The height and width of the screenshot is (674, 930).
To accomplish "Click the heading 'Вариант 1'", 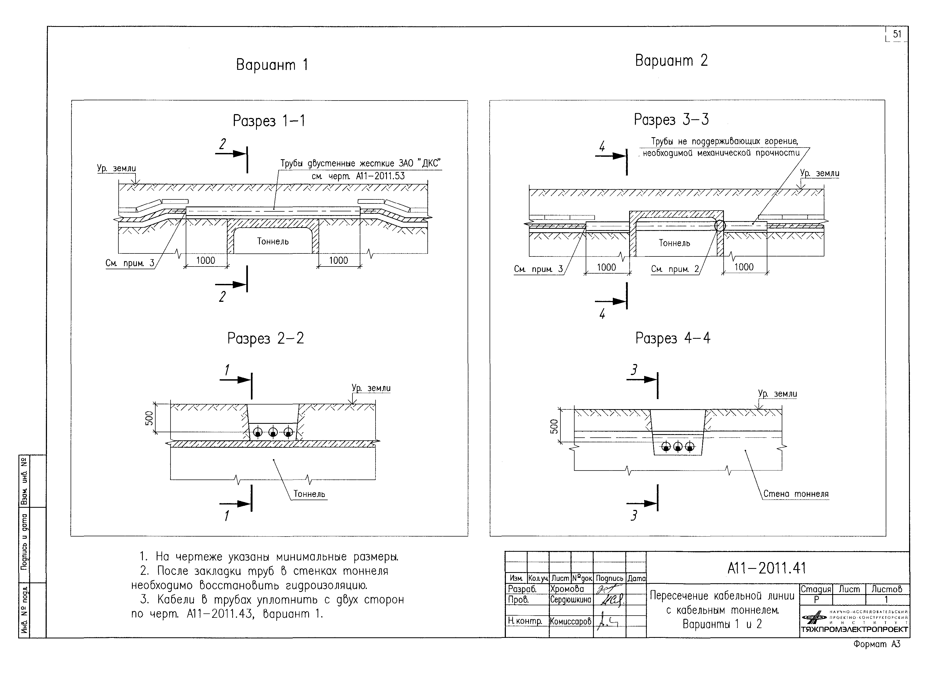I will pyautogui.click(x=272, y=65).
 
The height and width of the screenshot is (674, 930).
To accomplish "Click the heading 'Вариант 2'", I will pyautogui.click(x=671, y=61).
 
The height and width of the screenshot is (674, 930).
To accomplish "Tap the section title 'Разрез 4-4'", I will pyautogui.click(x=673, y=338).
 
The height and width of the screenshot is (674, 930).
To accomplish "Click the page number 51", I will pyautogui.click(x=897, y=34).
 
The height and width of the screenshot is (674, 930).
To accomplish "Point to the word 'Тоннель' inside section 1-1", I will pyautogui.click(x=273, y=241).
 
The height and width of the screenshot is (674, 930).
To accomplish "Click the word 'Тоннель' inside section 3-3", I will pyautogui.click(x=674, y=243).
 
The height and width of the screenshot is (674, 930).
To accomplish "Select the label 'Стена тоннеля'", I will pyautogui.click(x=796, y=494).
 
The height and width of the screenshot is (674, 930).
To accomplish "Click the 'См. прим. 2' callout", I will pyautogui.click(x=674, y=269).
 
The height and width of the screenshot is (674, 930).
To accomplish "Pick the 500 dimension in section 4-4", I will pyautogui.click(x=554, y=426).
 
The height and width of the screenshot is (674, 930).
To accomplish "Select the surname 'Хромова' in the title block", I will pyautogui.click(x=567, y=589).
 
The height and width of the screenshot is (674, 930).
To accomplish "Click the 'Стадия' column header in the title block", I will pyautogui.click(x=816, y=589).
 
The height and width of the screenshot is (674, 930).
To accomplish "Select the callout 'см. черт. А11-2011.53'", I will pyautogui.click(x=358, y=176).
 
